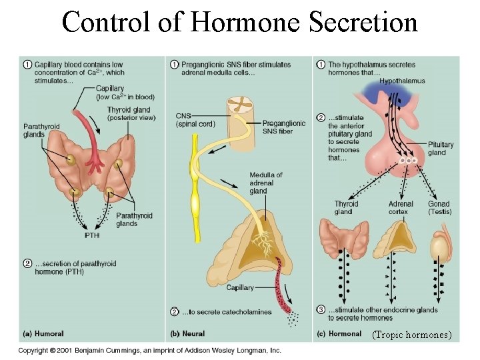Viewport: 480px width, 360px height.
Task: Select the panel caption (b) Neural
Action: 188,333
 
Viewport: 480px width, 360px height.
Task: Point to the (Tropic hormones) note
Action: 412,334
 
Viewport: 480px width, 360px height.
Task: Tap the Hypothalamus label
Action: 401,81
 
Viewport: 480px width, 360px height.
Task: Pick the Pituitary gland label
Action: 441,148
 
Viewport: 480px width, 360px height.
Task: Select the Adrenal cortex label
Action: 401,207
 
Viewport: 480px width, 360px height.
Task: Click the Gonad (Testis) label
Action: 439,207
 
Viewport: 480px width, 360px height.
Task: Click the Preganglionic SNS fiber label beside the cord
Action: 283,127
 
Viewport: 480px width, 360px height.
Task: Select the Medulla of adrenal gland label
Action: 265,183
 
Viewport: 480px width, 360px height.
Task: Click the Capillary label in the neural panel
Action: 240,287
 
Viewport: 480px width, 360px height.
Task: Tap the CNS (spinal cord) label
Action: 195,119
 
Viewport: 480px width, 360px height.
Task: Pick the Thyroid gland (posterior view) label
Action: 131,114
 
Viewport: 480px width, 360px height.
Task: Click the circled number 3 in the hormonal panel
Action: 321,310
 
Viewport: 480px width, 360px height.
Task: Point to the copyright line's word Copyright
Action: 37,351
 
